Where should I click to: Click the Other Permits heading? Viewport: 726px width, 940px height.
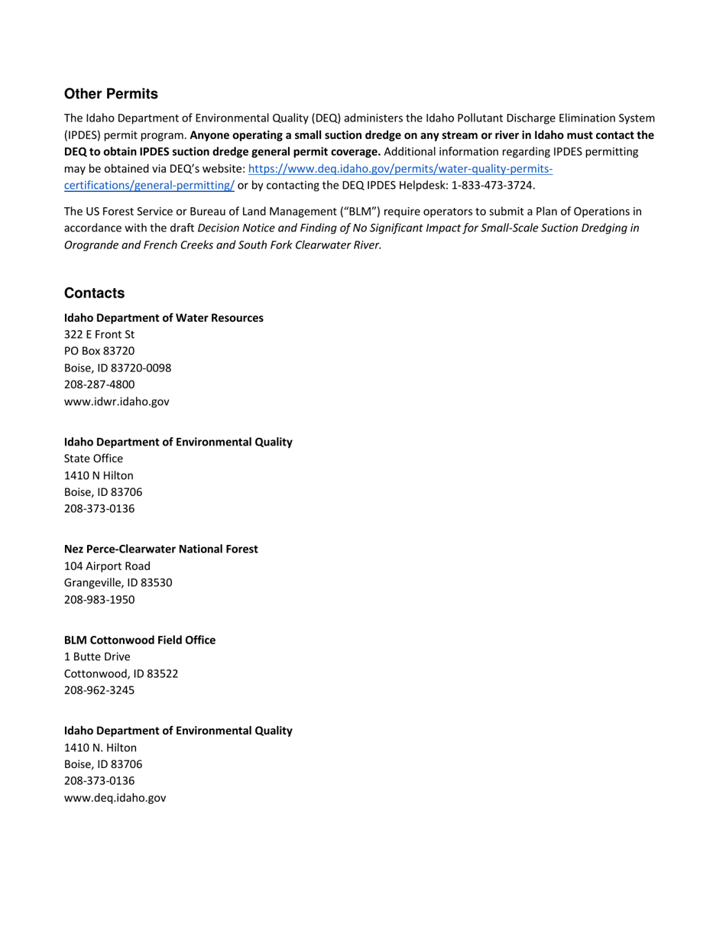coord(111,94)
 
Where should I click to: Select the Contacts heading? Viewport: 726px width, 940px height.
coord(94,293)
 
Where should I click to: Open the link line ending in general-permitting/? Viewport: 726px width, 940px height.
coord(149,185)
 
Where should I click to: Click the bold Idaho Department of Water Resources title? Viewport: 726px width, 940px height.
coord(164,318)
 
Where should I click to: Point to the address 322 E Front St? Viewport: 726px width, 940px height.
coord(99,335)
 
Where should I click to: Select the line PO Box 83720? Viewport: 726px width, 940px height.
coord(99,352)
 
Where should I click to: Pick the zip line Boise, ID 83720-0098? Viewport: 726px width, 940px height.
coord(118,368)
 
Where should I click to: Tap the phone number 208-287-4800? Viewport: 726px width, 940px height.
coord(99,384)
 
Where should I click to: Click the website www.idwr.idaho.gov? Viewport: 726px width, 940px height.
coord(117,401)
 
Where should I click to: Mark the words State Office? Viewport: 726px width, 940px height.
coord(93,459)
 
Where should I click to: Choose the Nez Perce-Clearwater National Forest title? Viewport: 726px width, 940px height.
coord(161,549)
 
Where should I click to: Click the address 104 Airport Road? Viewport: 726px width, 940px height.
coord(107,566)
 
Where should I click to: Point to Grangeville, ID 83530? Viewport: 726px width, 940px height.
coord(118,583)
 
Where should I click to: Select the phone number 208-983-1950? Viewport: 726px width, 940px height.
coord(99,600)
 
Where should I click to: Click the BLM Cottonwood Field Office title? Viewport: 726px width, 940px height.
coord(140,640)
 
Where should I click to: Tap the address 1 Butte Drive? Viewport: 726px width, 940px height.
coord(97,657)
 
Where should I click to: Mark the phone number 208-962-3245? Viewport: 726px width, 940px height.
coord(99,691)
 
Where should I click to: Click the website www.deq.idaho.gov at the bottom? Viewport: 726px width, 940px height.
coord(115,798)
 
